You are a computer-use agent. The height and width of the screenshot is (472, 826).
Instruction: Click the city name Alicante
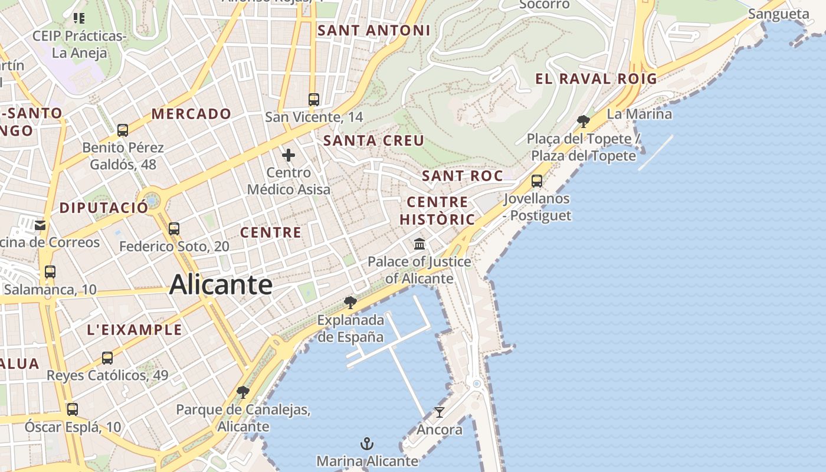tap(221, 285)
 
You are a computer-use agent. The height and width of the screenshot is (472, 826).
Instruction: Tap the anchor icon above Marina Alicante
tap(367, 444)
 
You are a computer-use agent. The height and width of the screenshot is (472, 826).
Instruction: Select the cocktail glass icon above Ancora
tap(439, 412)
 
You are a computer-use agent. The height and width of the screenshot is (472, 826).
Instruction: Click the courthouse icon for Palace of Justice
tap(419, 243)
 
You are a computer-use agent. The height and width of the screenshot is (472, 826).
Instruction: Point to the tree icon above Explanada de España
tap(350, 303)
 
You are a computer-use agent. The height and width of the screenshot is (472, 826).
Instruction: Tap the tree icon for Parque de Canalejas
tap(242, 392)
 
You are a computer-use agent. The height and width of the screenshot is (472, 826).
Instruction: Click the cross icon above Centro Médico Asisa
tap(289, 155)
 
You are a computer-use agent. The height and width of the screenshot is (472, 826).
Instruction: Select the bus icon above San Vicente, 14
tap(314, 99)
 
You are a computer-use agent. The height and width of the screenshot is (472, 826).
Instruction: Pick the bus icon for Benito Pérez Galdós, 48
tap(123, 130)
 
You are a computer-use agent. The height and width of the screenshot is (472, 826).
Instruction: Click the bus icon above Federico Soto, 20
tap(173, 228)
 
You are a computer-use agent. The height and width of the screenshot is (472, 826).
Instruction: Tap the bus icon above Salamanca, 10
tap(50, 272)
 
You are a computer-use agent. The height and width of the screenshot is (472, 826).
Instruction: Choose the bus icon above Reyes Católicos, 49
tap(107, 358)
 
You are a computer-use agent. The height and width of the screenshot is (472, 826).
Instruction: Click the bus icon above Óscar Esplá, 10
tap(73, 409)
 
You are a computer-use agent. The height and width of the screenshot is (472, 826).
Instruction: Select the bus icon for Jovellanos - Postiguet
tap(537, 181)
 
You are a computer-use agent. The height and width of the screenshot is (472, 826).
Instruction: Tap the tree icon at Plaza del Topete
tap(584, 122)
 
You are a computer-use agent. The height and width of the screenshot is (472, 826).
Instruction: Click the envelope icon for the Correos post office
tap(40, 225)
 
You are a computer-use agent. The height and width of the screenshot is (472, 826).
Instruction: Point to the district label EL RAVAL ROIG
tap(596, 78)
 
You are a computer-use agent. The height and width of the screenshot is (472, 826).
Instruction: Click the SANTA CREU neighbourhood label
tap(374, 140)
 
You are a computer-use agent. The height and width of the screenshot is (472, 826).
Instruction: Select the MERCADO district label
tap(191, 114)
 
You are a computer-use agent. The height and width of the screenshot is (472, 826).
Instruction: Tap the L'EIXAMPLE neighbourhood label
tap(135, 329)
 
